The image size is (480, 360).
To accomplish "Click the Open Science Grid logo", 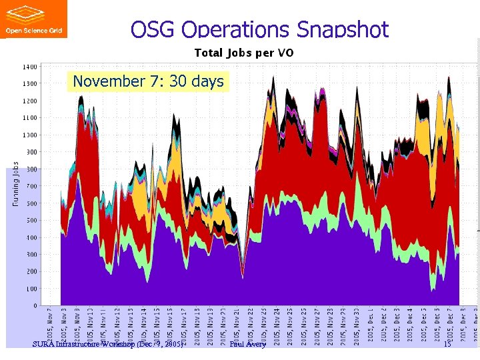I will click(33, 19).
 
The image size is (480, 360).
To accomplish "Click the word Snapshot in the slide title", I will click(341, 29).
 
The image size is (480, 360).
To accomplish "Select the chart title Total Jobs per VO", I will click(243, 53).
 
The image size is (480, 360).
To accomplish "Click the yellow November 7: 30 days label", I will click(148, 81).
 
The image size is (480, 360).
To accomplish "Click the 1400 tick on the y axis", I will click(30, 67).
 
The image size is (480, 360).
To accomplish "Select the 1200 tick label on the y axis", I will click(30, 101).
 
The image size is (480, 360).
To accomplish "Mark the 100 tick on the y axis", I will click(31, 289).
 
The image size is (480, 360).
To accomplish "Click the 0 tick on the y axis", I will click(35, 305).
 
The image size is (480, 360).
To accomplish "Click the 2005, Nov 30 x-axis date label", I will click(357, 325).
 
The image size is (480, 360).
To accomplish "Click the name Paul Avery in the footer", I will click(247, 344).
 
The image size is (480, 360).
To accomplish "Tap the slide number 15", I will click(447, 344).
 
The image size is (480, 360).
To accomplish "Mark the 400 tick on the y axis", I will click(31, 237).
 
